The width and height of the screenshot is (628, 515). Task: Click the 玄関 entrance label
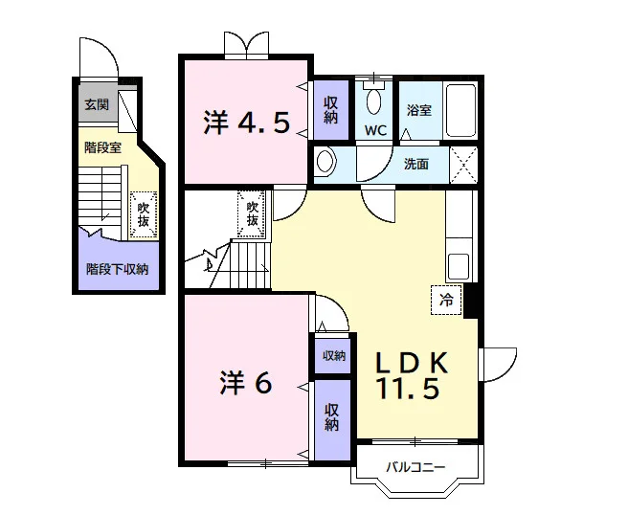97,105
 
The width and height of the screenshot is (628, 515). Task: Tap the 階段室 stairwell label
103,147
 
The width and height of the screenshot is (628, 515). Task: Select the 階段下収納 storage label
118,269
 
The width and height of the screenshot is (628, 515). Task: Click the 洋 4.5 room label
246,123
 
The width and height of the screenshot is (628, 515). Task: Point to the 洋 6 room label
246,383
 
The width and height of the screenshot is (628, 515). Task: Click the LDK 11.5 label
411,375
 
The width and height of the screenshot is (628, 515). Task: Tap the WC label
375,130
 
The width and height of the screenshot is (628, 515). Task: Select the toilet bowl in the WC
374,101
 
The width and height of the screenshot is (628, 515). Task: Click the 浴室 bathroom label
419,110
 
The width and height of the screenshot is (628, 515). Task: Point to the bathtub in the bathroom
460,110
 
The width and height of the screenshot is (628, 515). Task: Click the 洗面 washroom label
416,164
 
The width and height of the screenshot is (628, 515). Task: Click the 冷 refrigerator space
446,300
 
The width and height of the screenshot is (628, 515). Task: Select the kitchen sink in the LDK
459,267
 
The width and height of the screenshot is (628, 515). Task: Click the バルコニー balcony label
415,467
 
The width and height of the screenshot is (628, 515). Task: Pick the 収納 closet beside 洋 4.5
331,110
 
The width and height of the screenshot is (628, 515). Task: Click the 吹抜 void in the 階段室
144,214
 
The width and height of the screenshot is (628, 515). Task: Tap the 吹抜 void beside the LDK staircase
252,213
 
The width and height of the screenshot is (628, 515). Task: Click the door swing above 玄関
99,58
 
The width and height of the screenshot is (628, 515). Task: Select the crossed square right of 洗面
463,165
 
